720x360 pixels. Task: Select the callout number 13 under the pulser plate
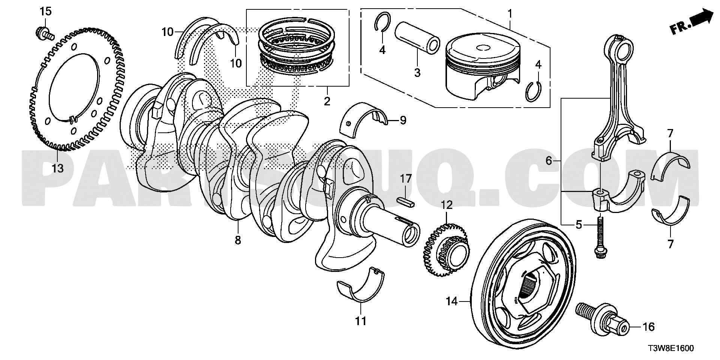click(57, 168)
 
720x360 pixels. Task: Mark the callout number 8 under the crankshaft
click(238, 240)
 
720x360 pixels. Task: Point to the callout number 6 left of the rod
click(549, 161)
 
